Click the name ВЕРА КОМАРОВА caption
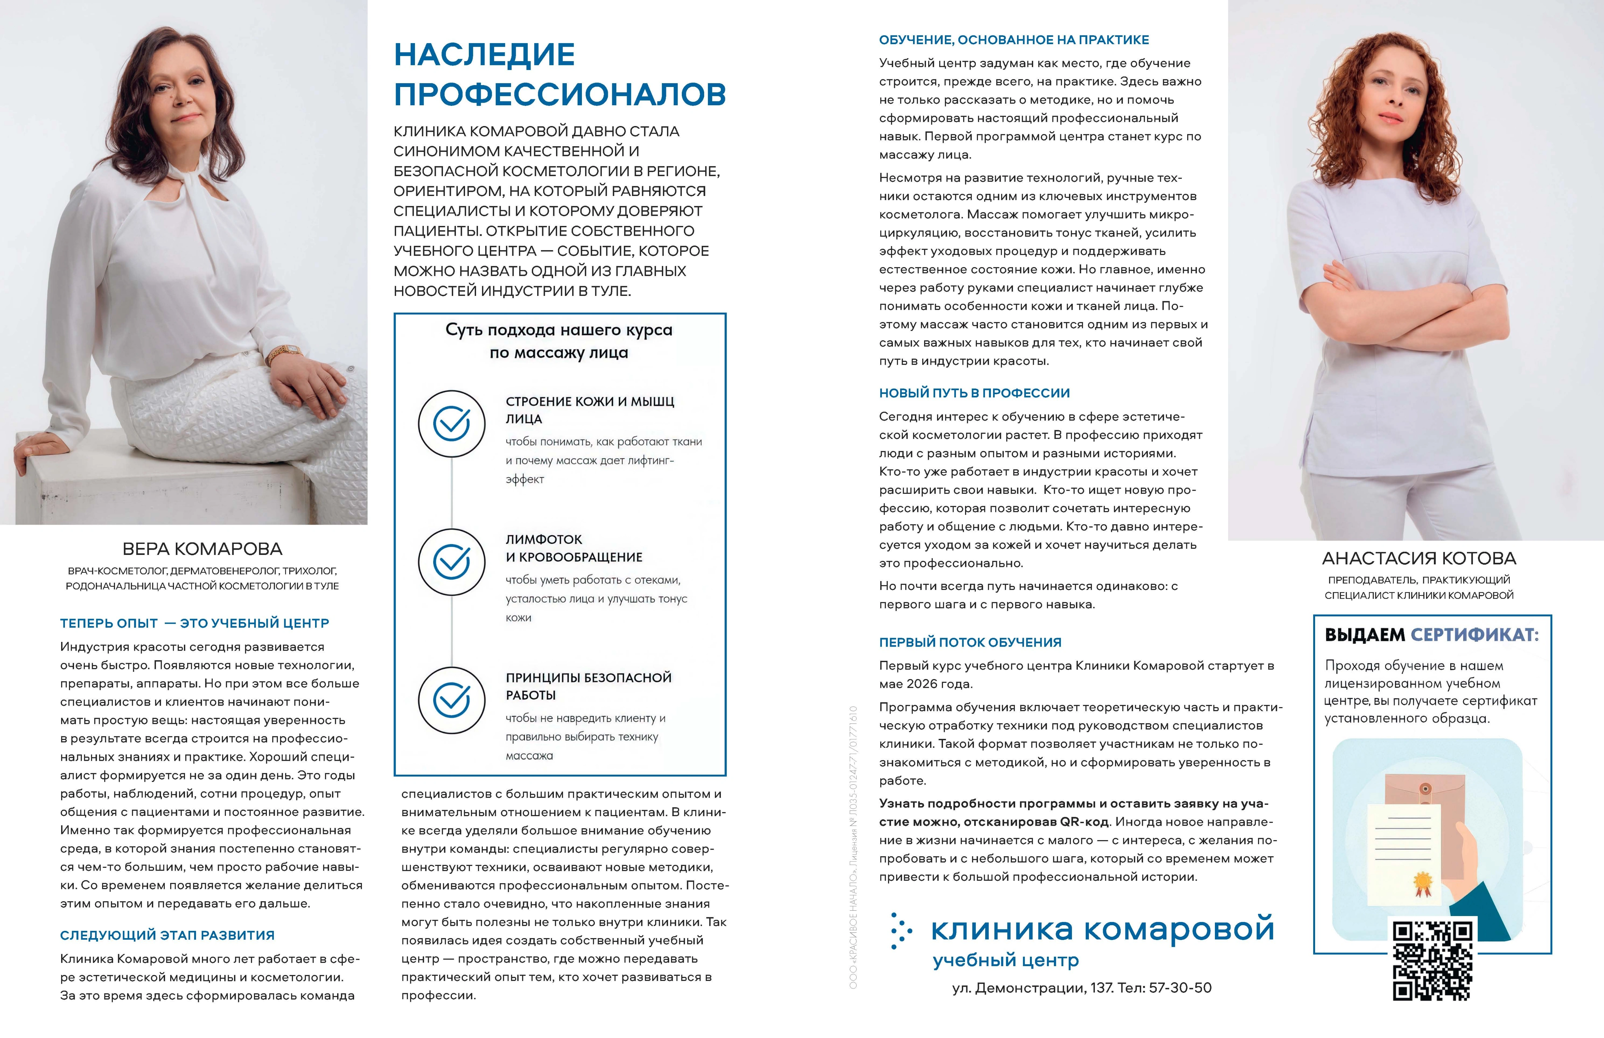tap(202, 549)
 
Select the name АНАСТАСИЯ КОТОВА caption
tap(1419, 558)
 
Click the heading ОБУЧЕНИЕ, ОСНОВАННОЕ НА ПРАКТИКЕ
tap(1014, 40)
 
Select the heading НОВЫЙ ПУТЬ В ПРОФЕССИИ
tap(974, 393)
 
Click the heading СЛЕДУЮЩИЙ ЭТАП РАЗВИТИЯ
tap(167, 935)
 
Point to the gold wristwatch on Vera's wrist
tap(285, 352)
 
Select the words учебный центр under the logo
tap(1006, 960)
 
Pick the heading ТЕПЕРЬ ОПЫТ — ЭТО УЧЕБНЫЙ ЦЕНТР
tap(194, 624)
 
